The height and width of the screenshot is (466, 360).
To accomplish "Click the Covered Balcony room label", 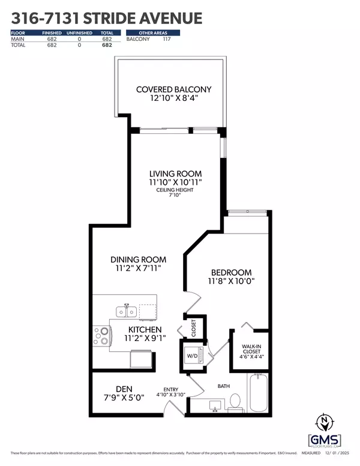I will (x=173, y=90).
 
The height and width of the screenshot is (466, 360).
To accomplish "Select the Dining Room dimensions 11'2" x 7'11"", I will (x=138, y=270).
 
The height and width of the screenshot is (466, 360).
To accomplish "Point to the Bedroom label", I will (x=231, y=271).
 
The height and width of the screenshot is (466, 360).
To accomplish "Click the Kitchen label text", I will (x=145, y=330).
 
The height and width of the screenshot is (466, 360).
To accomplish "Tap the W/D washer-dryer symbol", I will (x=193, y=354).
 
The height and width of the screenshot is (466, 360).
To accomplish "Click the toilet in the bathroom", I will (x=236, y=401).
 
